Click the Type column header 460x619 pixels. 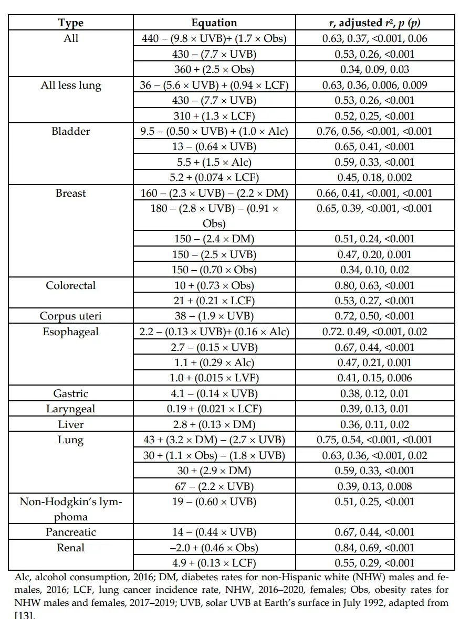pyautogui.click(x=71, y=23)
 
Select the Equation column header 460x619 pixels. pyautogui.click(x=214, y=23)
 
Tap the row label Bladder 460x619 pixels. pyautogui.click(x=71, y=131)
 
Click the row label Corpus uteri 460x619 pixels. pyautogui.click(x=71, y=316)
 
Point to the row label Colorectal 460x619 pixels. pyautogui.click(x=71, y=285)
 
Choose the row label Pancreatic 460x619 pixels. pyautogui.click(x=71, y=532)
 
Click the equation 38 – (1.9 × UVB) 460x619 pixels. pyautogui.click(x=214, y=316)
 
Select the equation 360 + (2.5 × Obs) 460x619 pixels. pyautogui.click(x=214, y=69)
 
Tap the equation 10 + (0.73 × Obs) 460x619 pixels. pyautogui.click(x=214, y=285)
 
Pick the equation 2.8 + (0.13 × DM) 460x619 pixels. pyautogui.click(x=214, y=424)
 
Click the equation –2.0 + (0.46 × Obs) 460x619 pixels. pyautogui.click(x=214, y=548)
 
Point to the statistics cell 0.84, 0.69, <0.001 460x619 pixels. pyautogui.click(x=375, y=548)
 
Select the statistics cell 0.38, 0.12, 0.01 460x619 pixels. pyautogui.click(x=375, y=393)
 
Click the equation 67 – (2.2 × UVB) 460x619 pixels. pyautogui.click(x=214, y=486)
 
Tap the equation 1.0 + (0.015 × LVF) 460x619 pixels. pyautogui.click(x=214, y=378)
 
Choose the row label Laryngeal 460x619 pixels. pyautogui.click(x=71, y=409)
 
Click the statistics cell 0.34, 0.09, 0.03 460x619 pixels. pyautogui.click(x=375, y=69)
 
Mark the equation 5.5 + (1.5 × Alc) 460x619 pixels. pyautogui.click(x=214, y=162)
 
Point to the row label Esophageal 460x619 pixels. pyautogui.click(x=71, y=332)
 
